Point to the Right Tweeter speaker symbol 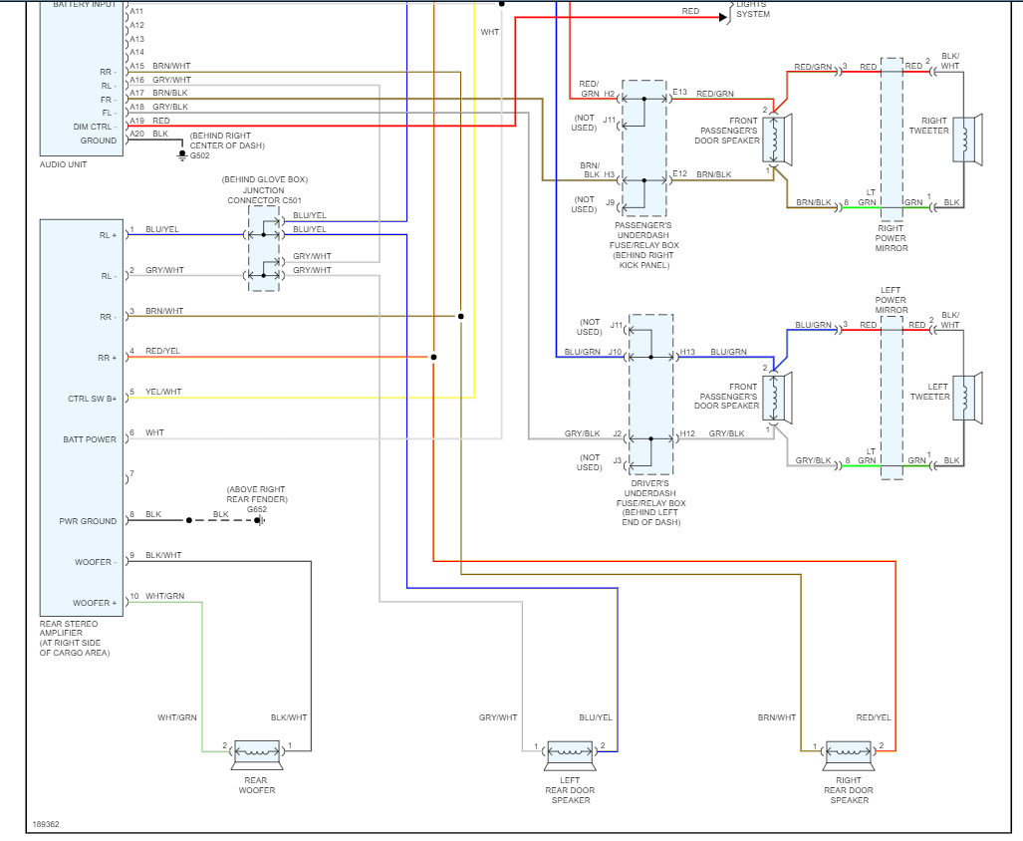[967, 140]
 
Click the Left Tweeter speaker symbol [967, 397]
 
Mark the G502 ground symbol [181, 156]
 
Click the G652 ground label [257, 509]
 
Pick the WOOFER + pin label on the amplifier [95, 603]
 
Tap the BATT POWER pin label [91, 439]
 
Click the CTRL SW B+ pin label [92, 399]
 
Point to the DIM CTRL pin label [95, 127]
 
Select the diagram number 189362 [46, 824]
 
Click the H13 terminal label [687, 352]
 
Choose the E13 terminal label [679, 93]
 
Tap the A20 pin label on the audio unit [136, 134]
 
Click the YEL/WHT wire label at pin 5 [163, 393]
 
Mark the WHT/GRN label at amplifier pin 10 [164, 596]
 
